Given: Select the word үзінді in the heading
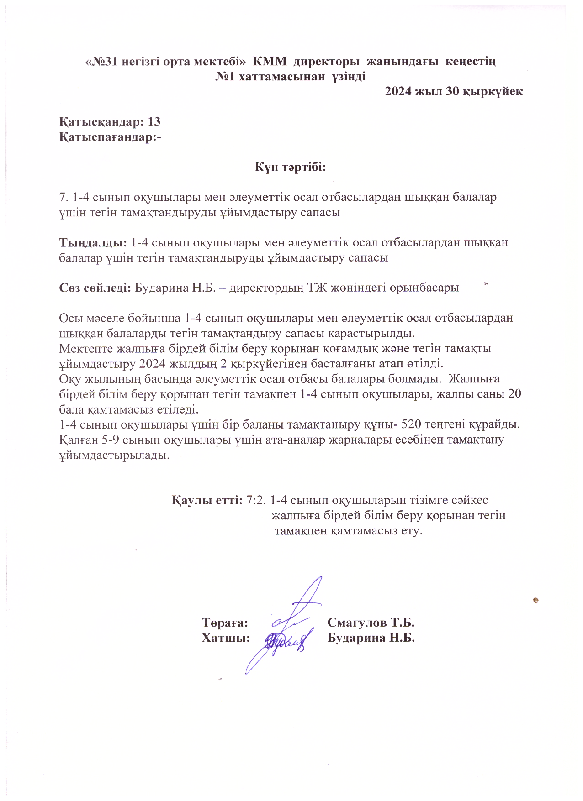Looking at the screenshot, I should point(349,76).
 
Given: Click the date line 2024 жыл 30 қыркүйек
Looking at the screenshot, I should point(454,91).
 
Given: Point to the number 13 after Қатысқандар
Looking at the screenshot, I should point(154,122).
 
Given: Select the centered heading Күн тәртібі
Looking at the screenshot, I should point(291,167).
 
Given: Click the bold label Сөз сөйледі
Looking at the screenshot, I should point(95,288).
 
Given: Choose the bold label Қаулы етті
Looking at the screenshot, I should point(207,500).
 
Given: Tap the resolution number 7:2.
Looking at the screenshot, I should point(256,500).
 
